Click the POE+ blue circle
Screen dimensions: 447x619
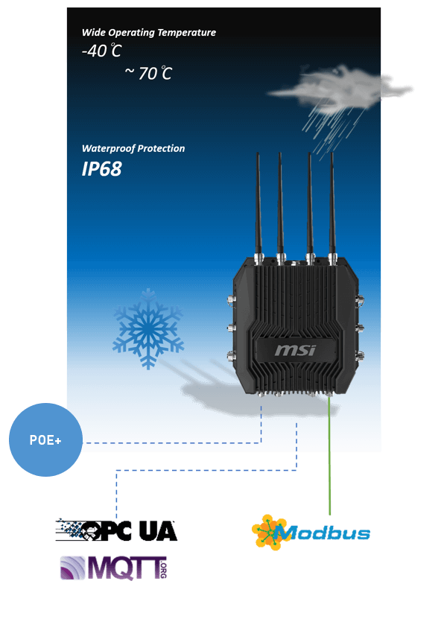(45, 439)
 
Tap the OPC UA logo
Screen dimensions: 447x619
(116, 530)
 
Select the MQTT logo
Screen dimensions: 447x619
(114, 568)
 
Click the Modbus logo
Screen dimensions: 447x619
(311, 532)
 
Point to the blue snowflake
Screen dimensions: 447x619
(148, 328)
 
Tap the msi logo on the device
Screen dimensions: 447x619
(295, 350)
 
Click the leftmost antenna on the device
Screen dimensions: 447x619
(259, 207)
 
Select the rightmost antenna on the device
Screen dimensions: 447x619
(332, 207)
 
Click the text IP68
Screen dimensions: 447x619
(101, 169)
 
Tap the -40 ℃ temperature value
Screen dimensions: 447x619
(101, 51)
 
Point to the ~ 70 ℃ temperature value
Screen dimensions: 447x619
(148, 74)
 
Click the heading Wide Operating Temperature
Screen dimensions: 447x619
(149, 32)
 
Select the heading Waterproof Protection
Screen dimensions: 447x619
(133, 148)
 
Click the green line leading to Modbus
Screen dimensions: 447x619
(329, 454)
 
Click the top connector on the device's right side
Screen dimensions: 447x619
(360, 299)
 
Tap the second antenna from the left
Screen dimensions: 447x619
(280, 207)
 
